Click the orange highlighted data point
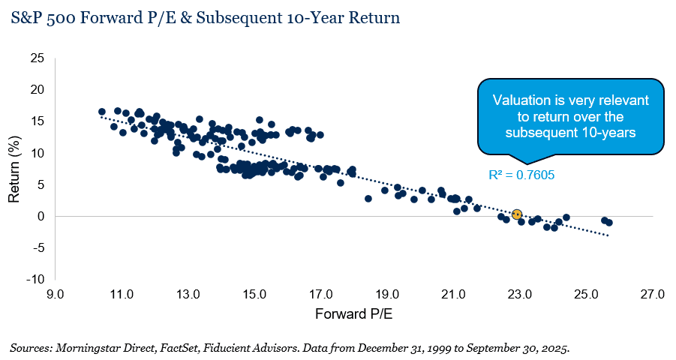tap(516, 214)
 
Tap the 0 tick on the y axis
tap(41, 216)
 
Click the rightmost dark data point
tap(609, 223)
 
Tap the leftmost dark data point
tap(102, 112)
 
